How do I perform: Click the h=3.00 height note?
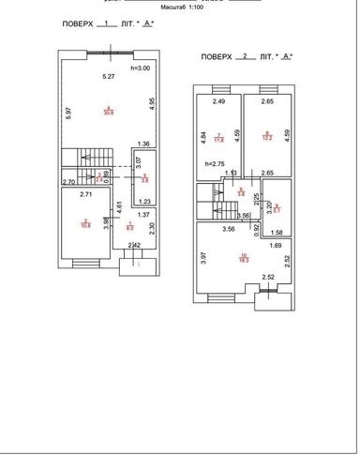tap(141, 68)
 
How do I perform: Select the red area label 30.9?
tap(109, 112)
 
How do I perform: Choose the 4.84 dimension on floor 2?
tap(203, 135)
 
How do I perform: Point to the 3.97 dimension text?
tap(203, 256)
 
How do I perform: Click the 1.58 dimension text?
tap(277, 231)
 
